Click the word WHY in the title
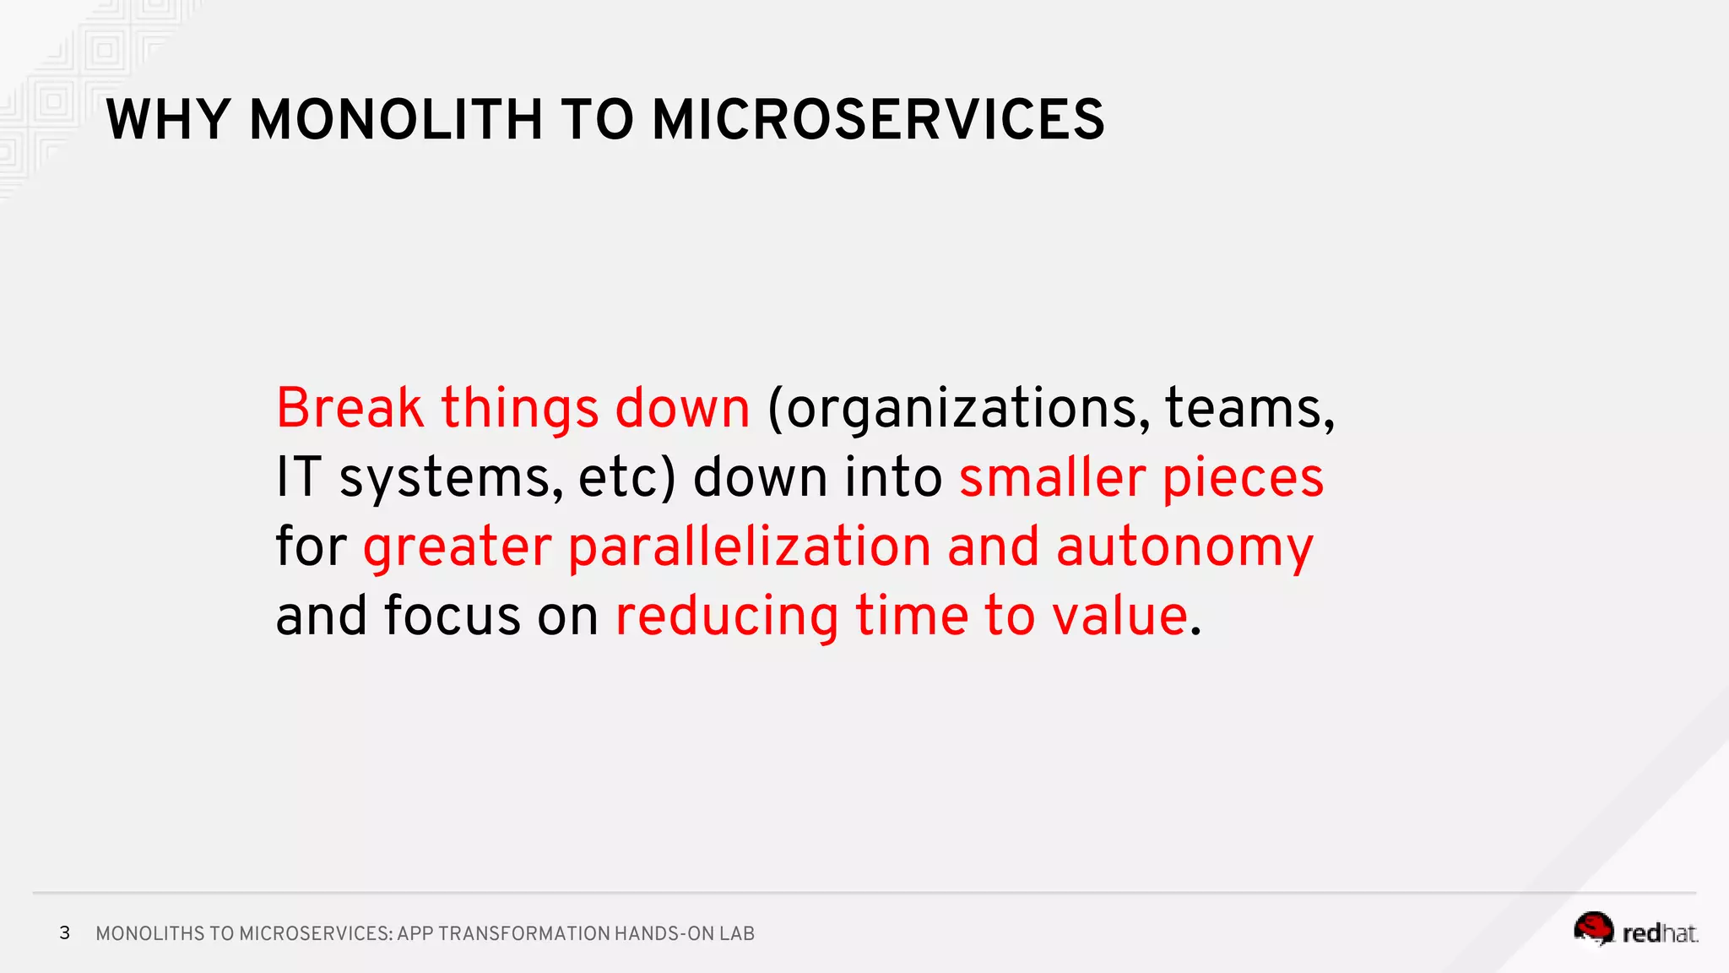168,120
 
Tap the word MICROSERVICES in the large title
878,120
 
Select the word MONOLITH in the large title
396,120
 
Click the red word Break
350,408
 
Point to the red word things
519,410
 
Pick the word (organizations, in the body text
958,410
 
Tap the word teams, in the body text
1249,410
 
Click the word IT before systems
299,477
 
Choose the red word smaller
1052,477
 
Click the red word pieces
1243,479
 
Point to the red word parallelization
750,547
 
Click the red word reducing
727,617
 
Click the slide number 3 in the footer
65,932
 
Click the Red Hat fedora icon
1593,929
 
